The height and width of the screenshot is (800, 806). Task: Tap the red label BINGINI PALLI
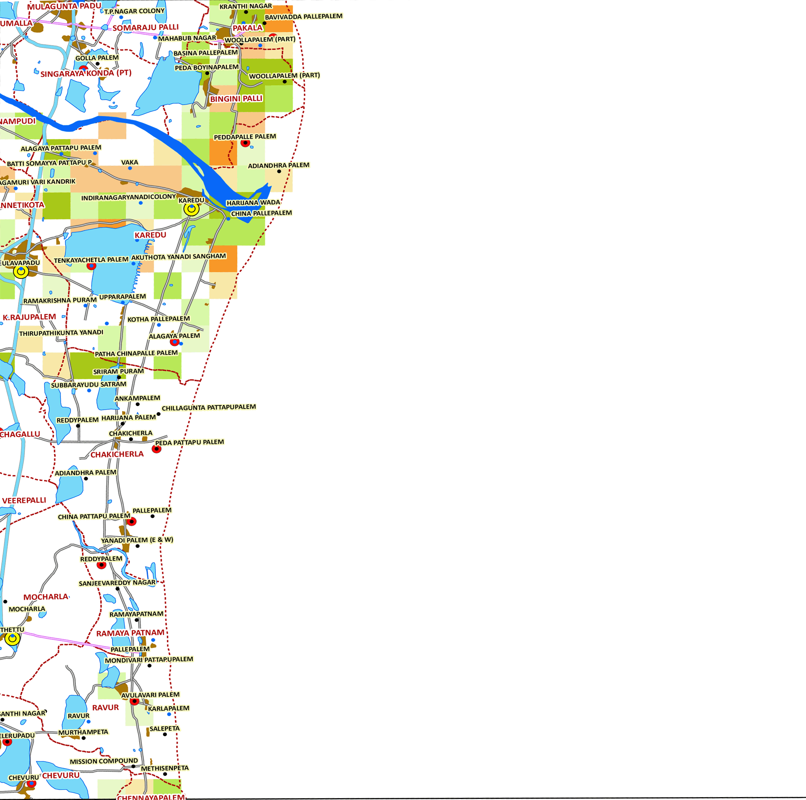pyautogui.click(x=236, y=99)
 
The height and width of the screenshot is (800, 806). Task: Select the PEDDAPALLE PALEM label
pyautogui.click(x=245, y=137)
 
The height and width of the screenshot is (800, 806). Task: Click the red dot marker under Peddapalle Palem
pyautogui.click(x=245, y=143)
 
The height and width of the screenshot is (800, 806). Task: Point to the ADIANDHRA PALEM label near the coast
pyautogui.click(x=279, y=165)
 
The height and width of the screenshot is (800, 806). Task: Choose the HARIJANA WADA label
pyautogui.click(x=253, y=203)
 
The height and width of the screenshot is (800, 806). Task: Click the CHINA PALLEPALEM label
pyautogui.click(x=262, y=213)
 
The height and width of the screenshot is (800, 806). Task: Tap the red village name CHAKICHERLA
pyautogui.click(x=117, y=454)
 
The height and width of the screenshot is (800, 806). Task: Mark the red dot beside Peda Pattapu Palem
pyautogui.click(x=157, y=449)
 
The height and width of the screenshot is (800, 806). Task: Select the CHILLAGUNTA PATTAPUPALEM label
pyautogui.click(x=208, y=407)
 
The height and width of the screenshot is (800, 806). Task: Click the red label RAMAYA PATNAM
pyautogui.click(x=130, y=633)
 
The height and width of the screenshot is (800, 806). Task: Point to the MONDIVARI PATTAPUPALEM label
pyautogui.click(x=149, y=659)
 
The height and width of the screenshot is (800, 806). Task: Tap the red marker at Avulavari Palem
pyautogui.click(x=134, y=701)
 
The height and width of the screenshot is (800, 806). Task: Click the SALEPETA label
pyautogui.click(x=164, y=729)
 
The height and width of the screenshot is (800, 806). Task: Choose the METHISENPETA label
pyautogui.click(x=165, y=768)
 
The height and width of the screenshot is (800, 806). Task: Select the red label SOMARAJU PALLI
pyautogui.click(x=145, y=28)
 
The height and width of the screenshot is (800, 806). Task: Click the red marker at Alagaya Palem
pyautogui.click(x=175, y=342)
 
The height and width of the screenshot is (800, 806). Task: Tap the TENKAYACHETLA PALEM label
pyautogui.click(x=91, y=260)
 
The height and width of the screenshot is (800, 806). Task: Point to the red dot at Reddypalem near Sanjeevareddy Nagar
pyautogui.click(x=101, y=565)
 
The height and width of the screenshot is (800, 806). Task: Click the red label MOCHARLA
pyautogui.click(x=45, y=597)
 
